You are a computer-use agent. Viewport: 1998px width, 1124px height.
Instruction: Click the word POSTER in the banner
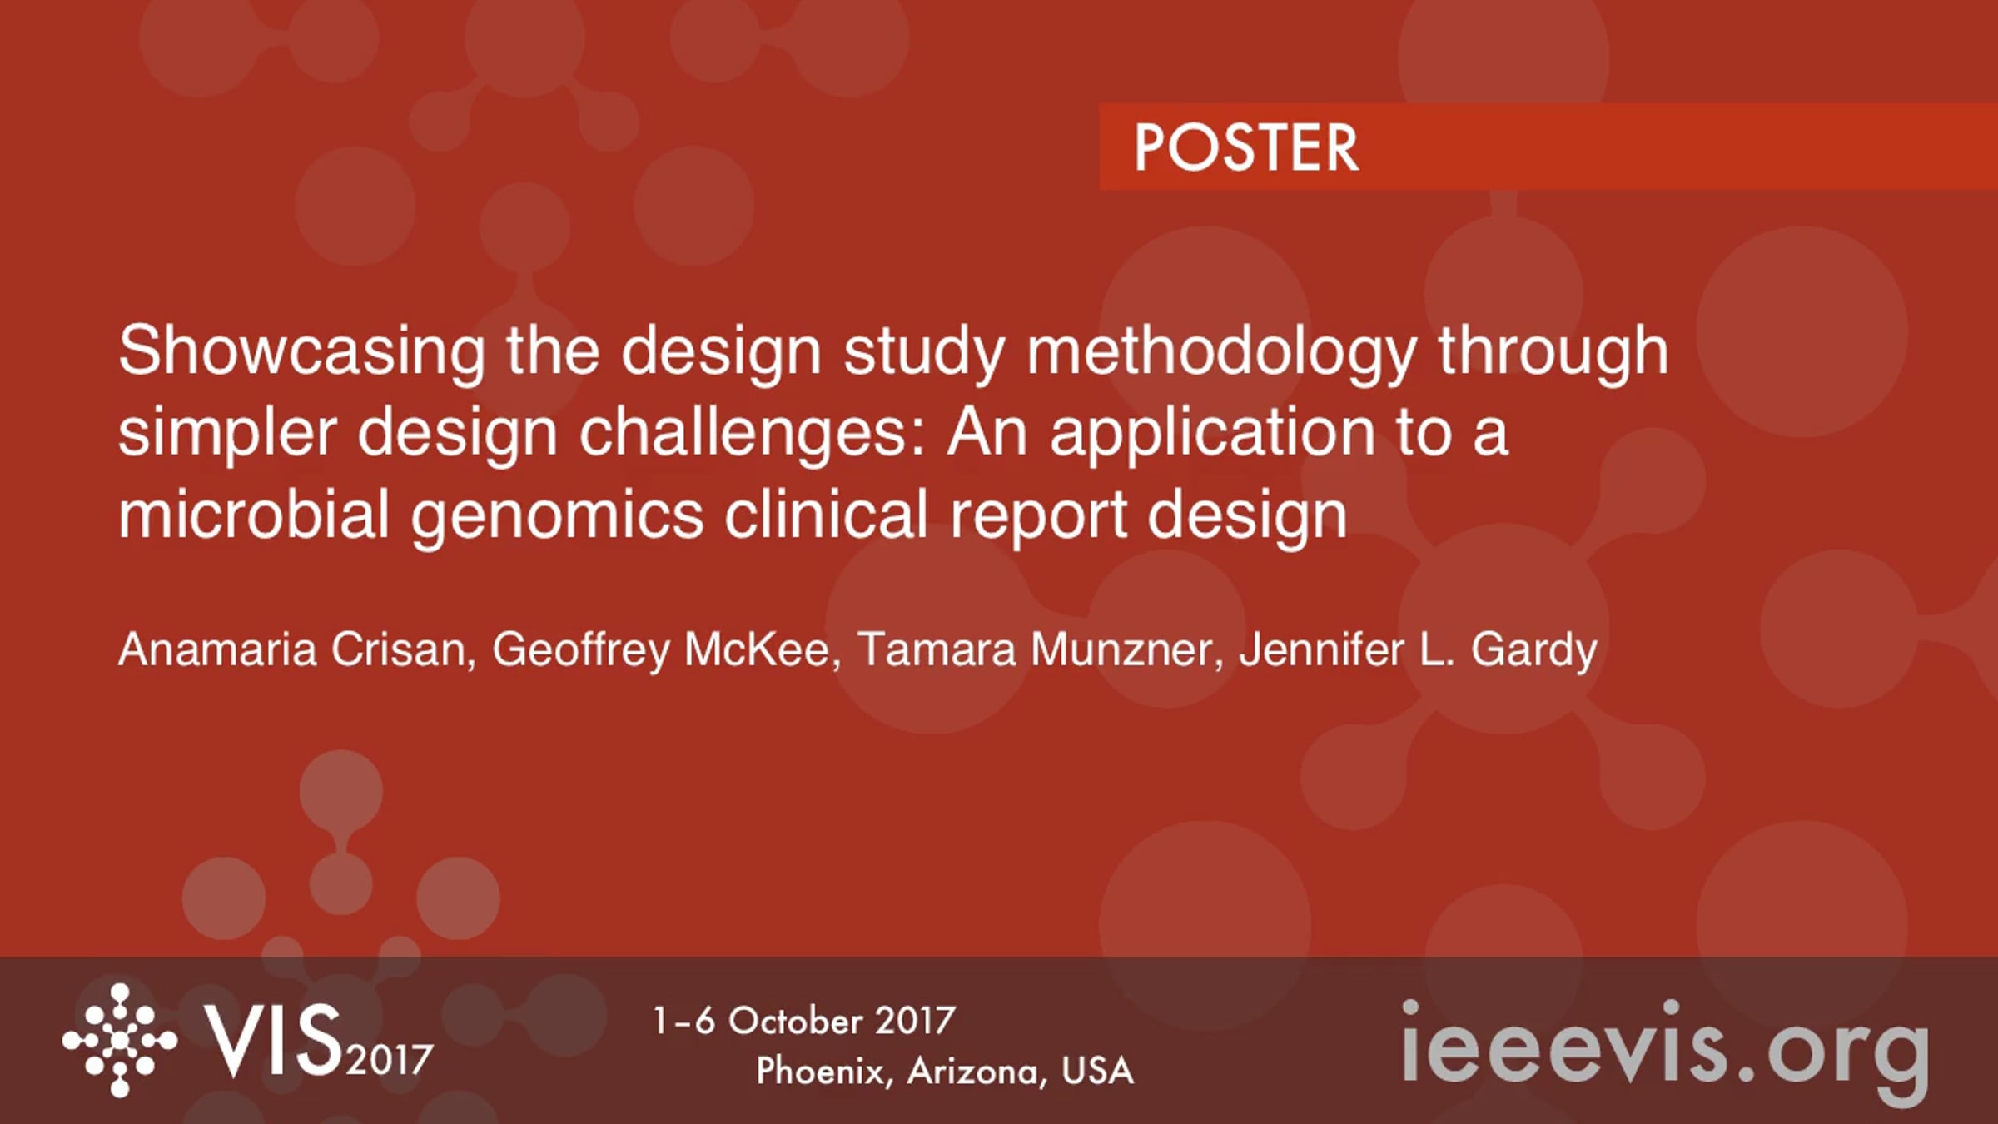pos(1246,148)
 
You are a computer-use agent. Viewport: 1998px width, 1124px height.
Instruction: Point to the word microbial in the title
pos(254,514)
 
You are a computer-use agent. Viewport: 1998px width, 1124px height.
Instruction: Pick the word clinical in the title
pos(826,514)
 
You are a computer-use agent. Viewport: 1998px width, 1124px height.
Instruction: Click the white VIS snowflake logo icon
pos(120,1041)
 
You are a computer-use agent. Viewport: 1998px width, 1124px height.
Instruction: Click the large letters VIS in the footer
pos(275,1041)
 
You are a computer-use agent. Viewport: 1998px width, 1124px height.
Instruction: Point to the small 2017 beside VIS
pos(390,1061)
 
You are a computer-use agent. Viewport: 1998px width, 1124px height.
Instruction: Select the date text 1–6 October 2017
pos(804,1022)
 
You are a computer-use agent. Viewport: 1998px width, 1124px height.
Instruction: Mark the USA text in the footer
pos(1097,1072)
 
